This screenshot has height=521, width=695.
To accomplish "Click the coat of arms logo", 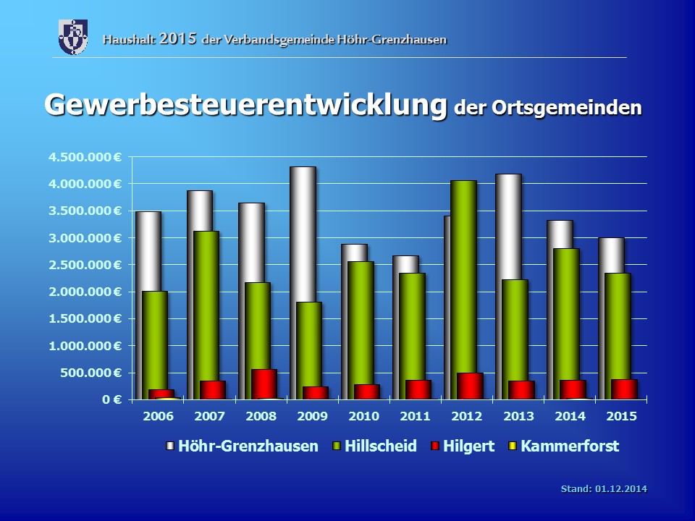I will pos(73,37).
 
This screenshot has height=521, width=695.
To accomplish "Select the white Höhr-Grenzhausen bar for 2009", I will pos(303,232).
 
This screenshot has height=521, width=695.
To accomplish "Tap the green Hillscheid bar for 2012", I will pos(463,275).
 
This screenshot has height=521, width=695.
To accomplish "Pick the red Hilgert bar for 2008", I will pos(264,384).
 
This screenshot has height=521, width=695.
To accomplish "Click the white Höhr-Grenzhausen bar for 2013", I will pos(508,224).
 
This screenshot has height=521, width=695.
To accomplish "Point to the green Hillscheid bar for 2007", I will pos(206,304).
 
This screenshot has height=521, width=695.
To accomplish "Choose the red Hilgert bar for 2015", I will pos(624,389).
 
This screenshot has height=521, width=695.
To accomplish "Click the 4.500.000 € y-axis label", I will pos(85,157).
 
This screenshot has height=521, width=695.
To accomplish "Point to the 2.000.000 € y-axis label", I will pos(85,292).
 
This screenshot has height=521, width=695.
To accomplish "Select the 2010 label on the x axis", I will pos(363,417).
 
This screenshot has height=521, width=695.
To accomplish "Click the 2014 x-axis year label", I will pos(570,417).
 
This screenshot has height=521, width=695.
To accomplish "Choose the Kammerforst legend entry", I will pos(569,446).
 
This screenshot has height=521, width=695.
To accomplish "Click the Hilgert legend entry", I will pos(469,446).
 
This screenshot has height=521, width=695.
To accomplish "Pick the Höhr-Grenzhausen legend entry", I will pos(248,446).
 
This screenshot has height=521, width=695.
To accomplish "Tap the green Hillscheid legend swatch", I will pos(337,446).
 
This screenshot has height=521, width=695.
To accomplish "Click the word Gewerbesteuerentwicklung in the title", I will pos(245,105).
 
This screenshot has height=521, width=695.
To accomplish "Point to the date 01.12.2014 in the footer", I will pos(621,489).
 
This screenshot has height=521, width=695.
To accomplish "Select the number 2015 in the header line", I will pos(179,38).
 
